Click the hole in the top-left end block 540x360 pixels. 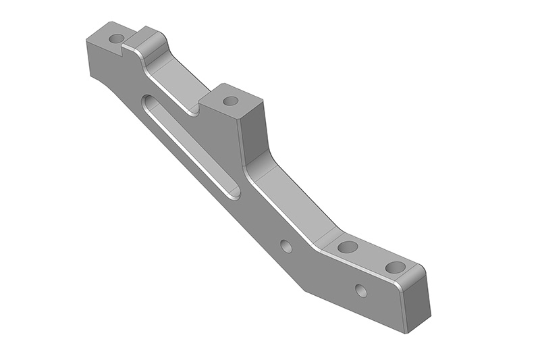tap(116, 38)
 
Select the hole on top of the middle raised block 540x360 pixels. tap(230, 101)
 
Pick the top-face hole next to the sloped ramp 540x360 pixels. tap(348, 247)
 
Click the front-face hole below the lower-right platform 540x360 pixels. tap(361, 291)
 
